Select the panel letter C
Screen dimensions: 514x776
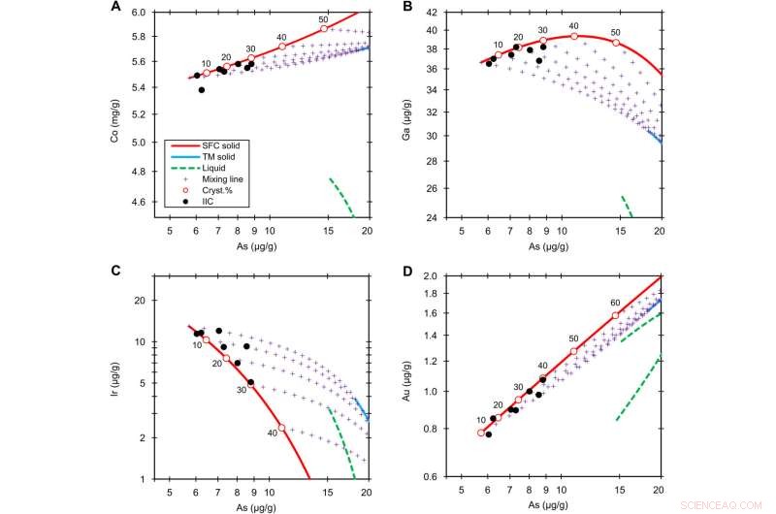point(114,271)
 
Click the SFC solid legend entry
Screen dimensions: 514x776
point(220,145)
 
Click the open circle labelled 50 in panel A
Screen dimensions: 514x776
point(325,29)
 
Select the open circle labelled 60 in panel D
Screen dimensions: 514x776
point(615,315)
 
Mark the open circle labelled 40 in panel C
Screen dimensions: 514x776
point(281,428)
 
